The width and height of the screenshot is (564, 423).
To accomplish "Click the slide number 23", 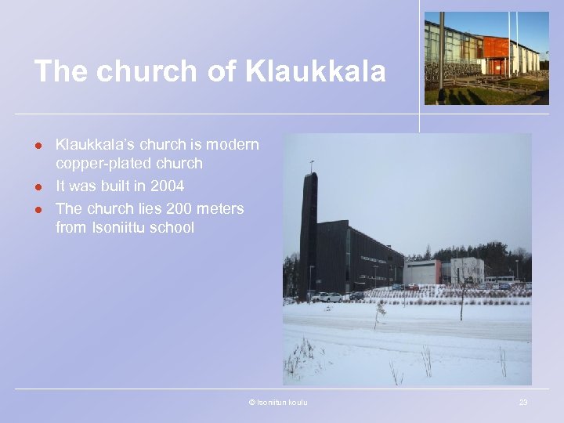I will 523,403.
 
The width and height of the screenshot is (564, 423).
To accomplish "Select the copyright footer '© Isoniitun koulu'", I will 277,403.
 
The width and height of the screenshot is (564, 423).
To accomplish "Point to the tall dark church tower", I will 309,235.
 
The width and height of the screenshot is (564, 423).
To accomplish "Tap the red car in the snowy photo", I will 412,287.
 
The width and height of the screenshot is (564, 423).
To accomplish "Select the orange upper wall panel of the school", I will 495,47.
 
